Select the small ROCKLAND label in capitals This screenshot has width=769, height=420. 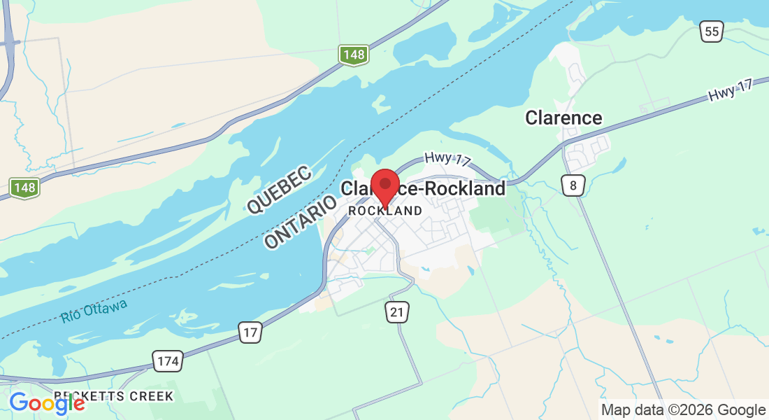click(384, 211)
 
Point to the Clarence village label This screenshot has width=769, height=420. click(563, 118)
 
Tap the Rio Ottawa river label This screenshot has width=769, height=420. click(94, 311)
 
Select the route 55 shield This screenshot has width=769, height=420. click(712, 31)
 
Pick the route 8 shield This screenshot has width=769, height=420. click(573, 185)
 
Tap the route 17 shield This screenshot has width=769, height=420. click(250, 332)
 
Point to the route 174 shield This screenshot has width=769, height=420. click(168, 361)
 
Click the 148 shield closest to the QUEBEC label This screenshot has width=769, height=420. click(354, 55)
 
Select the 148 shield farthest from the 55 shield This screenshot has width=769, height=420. click(24, 187)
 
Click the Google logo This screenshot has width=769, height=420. click(47, 403)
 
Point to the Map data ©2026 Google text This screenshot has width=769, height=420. click(684, 410)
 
